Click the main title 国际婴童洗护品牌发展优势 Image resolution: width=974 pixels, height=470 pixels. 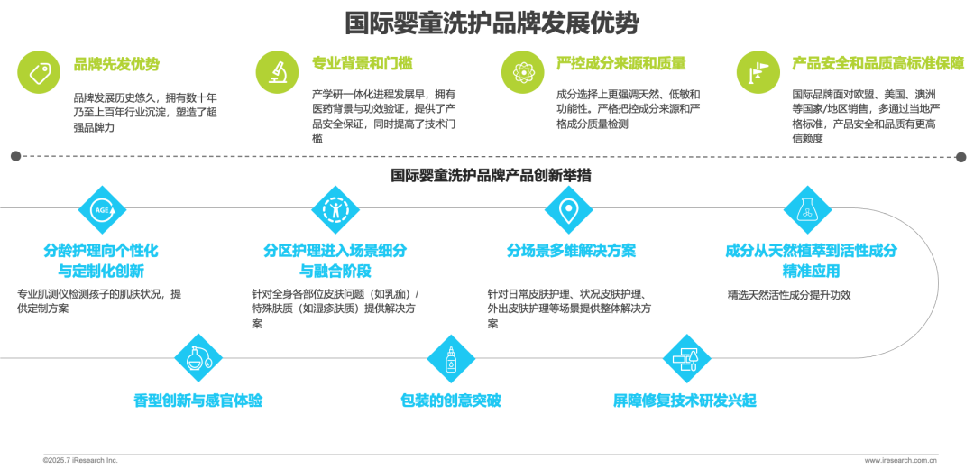[492, 24]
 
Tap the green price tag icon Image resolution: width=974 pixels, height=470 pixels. [39, 73]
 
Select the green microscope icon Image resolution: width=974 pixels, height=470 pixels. [277, 73]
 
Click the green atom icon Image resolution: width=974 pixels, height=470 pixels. [522, 73]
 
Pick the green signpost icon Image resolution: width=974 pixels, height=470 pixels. [758, 73]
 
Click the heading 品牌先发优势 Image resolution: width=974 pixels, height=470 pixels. [116, 63]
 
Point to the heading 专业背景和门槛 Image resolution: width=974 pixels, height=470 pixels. [363, 63]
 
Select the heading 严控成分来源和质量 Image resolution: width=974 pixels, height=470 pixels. [620, 63]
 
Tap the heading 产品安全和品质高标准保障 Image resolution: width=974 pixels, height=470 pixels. [878, 63]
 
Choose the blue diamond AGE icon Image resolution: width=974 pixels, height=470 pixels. [102, 209]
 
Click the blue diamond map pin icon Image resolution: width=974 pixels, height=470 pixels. [568, 209]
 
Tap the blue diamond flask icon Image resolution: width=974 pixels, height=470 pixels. [807, 209]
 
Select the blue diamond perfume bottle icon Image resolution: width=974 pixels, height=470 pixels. [198, 359]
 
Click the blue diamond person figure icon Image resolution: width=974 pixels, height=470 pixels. [335, 209]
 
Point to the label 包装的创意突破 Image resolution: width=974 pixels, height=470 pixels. [450, 401]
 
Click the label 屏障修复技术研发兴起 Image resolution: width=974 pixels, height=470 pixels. [685, 401]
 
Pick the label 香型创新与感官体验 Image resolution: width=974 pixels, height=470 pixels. [198, 401]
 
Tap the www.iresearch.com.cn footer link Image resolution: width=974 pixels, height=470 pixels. [900, 461]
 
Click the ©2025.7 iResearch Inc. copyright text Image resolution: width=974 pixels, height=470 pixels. [80, 461]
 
